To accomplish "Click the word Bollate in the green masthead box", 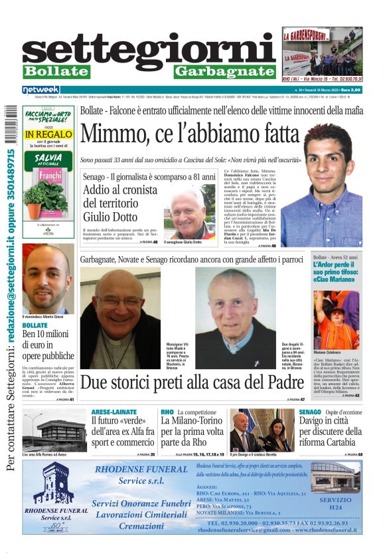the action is coord(56,71).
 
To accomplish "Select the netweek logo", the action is coord(41,89).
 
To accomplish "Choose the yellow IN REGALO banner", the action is coord(47,134).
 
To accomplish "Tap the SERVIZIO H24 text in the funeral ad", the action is coord(335,502).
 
